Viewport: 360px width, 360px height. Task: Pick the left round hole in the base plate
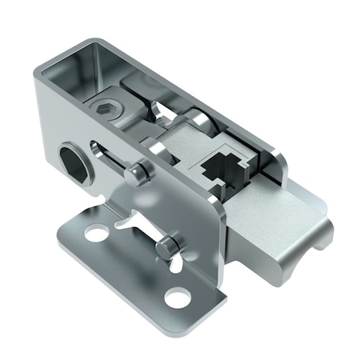pyautogui.click(x=97, y=234)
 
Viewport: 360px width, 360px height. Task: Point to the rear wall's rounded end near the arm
pyautogui.click(x=280, y=164)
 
